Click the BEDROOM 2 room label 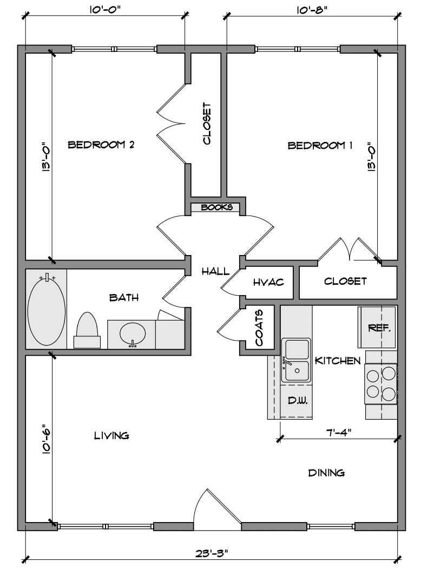[x=101, y=145]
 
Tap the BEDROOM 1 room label [x=320, y=145]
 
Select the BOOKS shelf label [x=216, y=207]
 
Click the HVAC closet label [x=268, y=282]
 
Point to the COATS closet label [x=259, y=328]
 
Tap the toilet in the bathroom [x=87, y=330]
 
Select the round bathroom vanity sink [x=133, y=334]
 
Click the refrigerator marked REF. [x=377, y=327]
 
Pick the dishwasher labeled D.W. [x=297, y=401]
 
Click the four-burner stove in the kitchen [x=381, y=383]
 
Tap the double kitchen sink [x=296, y=361]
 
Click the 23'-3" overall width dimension [x=212, y=553]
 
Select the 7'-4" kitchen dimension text [x=339, y=432]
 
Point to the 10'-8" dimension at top [x=312, y=10]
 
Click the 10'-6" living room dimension [x=45, y=439]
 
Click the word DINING [x=326, y=473]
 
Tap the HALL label [x=215, y=271]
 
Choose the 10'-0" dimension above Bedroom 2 [x=104, y=10]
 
